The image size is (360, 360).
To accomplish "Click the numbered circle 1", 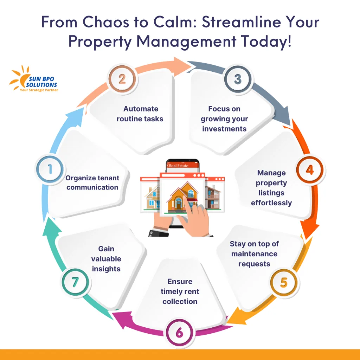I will (x=50, y=170).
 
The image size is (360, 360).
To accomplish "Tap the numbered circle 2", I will (x=122, y=78).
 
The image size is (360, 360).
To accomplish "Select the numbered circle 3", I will (x=238, y=79).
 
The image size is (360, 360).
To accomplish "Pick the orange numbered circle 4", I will (x=309, y=170).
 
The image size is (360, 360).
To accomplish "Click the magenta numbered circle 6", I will (x=179, y=333).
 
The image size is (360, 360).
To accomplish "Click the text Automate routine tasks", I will (x=140, y=114).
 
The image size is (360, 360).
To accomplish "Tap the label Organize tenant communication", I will (x=92, y=182).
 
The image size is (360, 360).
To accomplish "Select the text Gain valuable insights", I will (x=106, y=259).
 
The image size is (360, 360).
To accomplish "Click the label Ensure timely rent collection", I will (x=180, y=291).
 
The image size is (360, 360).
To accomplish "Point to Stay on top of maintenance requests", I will (x=254, y=253).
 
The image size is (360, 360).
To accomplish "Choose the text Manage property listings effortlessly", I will (x=271, y=188).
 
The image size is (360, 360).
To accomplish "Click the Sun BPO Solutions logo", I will (x=34, y=79).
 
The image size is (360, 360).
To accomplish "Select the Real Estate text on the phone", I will (x=179, y=165).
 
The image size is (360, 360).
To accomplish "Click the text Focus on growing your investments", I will (x=224, y=119).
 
